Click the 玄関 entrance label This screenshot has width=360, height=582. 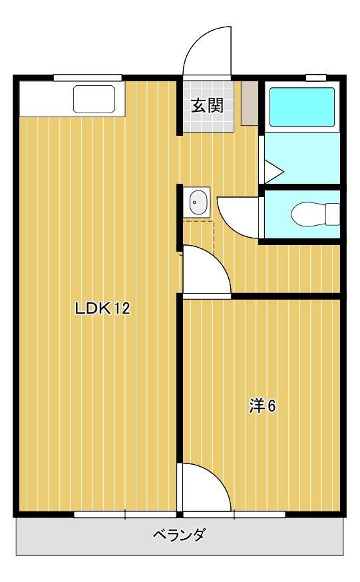[x=207, y=106]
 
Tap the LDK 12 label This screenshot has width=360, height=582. [x=102, y=308]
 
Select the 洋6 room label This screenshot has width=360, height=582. [x=262, y=406]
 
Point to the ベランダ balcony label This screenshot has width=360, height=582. [x=179, y=535]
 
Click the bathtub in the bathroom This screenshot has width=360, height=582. [x=302, y=107]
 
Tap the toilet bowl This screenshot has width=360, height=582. [x=315, y=214]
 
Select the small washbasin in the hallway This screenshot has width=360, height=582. [x=196, y=202]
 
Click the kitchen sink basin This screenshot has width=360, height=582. [x=94, y=99]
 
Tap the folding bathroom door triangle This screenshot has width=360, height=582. [x=273, y=172]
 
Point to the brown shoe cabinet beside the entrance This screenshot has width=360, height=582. [x=250, y=103]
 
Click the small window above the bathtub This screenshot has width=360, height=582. [x=316, y=78]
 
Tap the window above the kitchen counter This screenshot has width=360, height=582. [x=87, y=78]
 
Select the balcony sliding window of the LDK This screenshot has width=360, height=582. [x=125, y=515]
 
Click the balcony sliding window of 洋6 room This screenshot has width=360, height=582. [x=234, y=515]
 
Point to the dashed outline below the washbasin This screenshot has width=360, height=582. [x=198, y=238]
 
